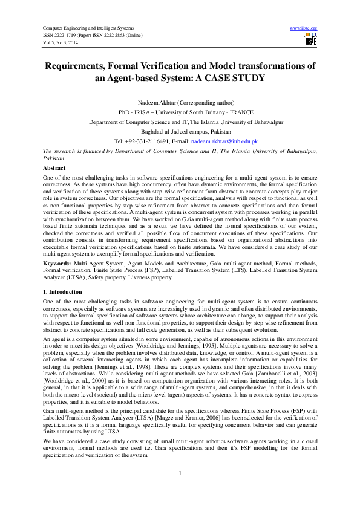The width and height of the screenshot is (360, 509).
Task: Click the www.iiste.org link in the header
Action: pyautogui.click(x=304, y=28)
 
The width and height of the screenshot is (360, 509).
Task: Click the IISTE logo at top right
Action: pyautogui.click(x=311, y=41)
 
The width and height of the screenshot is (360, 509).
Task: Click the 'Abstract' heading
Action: pyautogui.click(x=54, y=166)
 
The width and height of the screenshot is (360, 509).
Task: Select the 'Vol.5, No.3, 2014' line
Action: pyautogui.click(x=59, y=42)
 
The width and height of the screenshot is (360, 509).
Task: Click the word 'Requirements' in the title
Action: pyautogui.click(x=85, y=65)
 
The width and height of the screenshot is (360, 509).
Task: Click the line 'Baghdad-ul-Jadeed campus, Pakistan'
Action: pyautogui.click(x=180, y=131)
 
